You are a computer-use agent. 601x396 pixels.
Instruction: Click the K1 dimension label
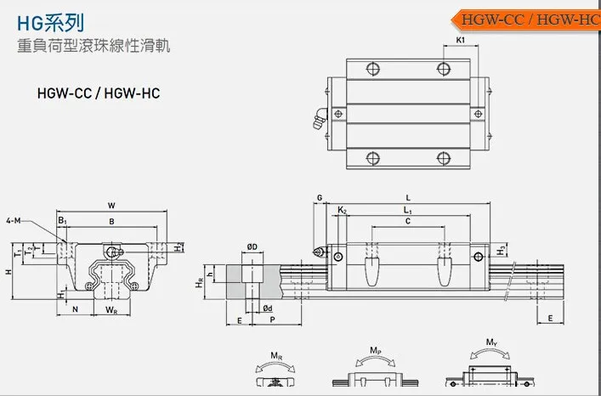(x=460, y=40)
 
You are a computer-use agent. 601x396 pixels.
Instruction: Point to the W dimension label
(x=111, y=206)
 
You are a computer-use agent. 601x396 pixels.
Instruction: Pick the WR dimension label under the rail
(x=111, y=310)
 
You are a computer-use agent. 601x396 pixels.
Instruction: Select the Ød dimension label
(x=266, y=307)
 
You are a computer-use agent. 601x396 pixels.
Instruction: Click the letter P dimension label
(x=270, y=320)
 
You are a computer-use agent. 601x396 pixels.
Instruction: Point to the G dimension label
(x=320, y=198)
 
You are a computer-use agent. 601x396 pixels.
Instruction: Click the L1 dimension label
(x=407, y=210)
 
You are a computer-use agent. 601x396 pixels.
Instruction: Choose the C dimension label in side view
(x=408, y=222)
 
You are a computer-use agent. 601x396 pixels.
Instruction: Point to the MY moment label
(x=491, y=343)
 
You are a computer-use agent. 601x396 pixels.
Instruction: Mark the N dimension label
(x=75, y=310)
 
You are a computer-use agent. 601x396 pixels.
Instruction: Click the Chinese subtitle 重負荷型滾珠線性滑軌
(x=89, y=47)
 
